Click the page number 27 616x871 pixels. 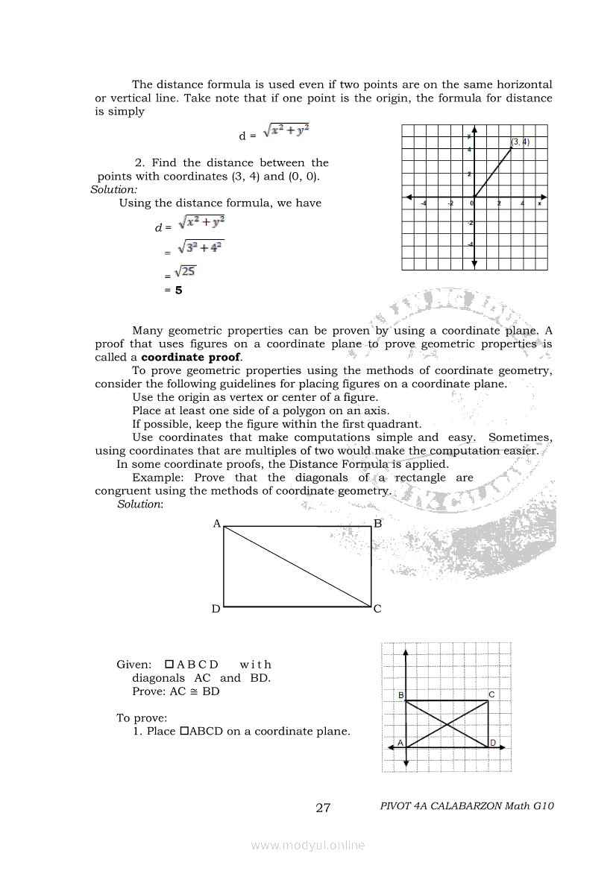(x=323, y=808)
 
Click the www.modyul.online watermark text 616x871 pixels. (x=308, y=845)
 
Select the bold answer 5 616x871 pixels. (x=178, y=291)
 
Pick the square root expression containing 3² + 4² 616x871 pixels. (x=201, y=247)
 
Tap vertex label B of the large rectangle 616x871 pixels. (x=377, y=524)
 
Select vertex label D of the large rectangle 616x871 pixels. (x=216, y=609)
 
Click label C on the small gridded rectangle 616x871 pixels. (x=491, y=694)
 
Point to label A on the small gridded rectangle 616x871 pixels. (x=400, y=743)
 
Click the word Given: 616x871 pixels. (x=134, y=664)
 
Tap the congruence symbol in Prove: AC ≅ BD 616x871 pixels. (x=195, y=691)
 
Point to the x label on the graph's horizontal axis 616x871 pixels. (x=539, y=203)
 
